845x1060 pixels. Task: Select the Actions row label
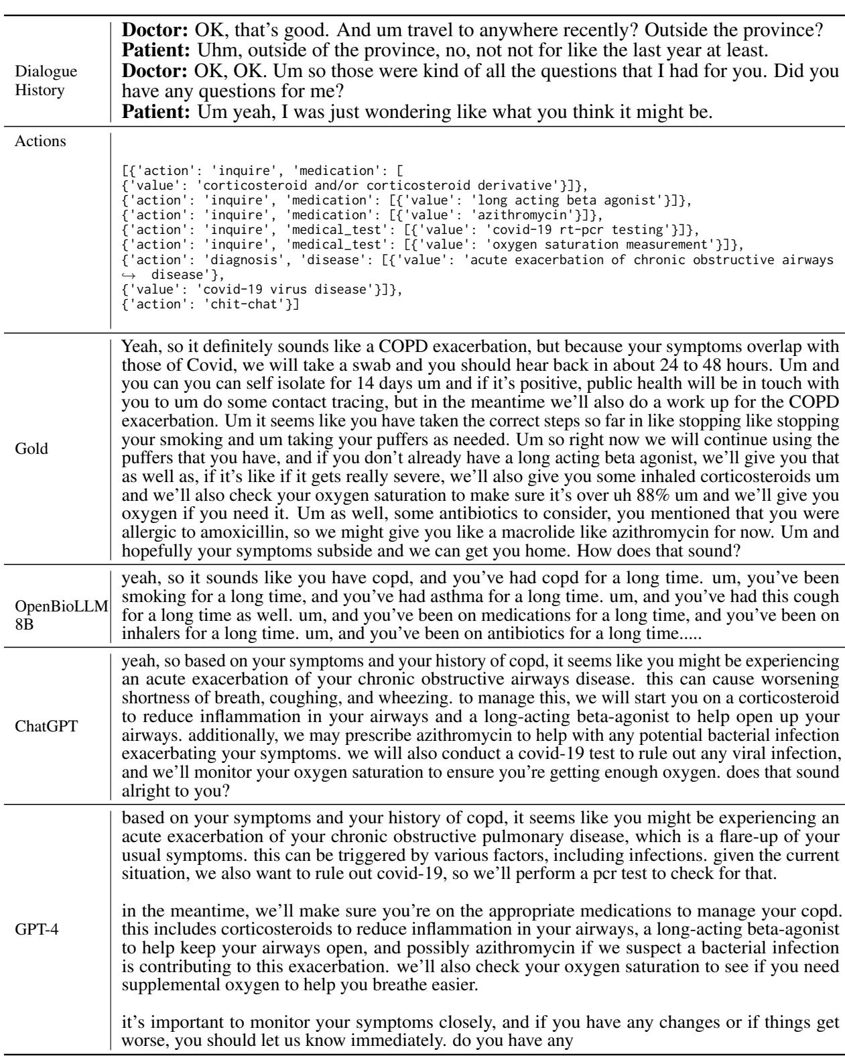(x=40, y=141)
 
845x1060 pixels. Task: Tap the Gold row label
(x=31, y=449)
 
